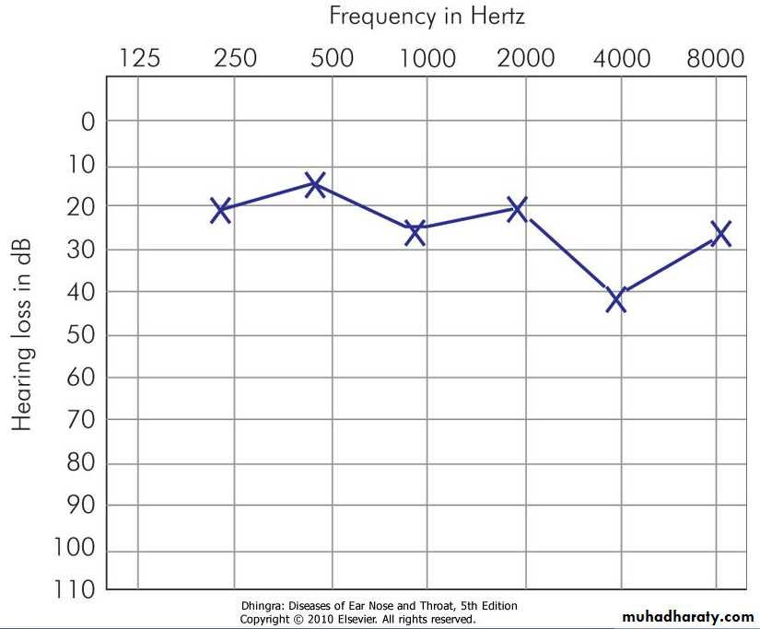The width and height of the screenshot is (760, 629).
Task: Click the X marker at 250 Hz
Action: coord(220,210)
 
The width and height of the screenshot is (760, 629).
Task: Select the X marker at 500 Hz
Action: coord(315,184)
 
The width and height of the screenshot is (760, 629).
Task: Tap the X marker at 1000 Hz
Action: coord(415,232)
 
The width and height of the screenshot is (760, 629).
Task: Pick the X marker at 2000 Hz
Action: coord(517,208)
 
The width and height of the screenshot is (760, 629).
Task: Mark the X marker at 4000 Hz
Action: coord(616,298)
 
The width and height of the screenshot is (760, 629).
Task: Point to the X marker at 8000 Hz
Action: coord(720,233)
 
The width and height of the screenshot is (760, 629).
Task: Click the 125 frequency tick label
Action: coord(139,59)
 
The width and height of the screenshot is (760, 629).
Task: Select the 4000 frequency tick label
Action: coord(621,59)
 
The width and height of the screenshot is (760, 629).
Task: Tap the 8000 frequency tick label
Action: coord(716,59)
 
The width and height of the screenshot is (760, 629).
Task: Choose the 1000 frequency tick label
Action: coord(427,59)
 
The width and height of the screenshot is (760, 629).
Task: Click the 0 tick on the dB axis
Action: coord(88,122)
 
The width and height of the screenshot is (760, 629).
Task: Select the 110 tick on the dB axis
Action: coord(74,590)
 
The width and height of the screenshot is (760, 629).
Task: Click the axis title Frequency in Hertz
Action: coord(427,16)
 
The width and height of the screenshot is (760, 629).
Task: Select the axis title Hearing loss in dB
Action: coord(22,335)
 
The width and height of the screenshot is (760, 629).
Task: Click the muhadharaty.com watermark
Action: coord(688,616)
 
